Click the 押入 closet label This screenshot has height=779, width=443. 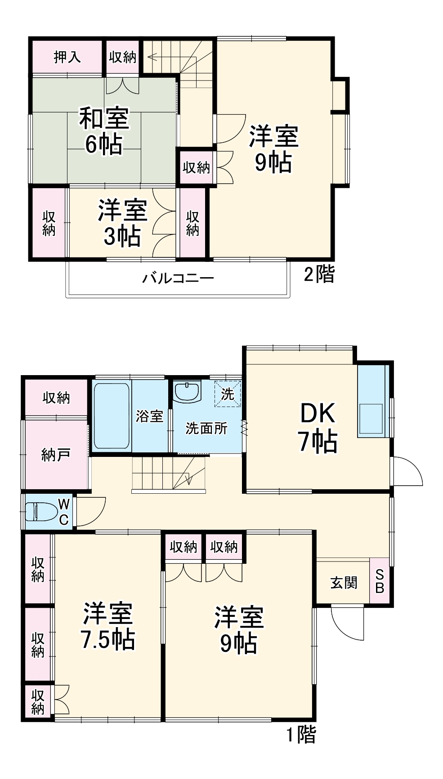[x=67, y=57]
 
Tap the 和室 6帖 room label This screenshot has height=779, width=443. [x=104, y=131]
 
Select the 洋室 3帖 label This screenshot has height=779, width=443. [x=122, y=223]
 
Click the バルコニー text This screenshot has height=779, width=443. [x=178, y=278]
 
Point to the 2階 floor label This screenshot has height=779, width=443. [x=319, y=274]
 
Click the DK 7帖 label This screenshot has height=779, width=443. [x=318, y=427]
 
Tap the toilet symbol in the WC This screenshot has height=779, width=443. [x=41, y=512]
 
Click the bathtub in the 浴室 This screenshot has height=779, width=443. [x=111, y=416]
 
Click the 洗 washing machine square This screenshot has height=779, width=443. [x=228, y=394]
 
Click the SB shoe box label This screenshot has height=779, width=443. [x=380, y=581]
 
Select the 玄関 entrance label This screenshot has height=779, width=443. [x=344, y=583]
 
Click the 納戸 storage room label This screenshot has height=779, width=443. [x=55, y=455]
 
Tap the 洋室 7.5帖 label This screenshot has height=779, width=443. [x=108, y=626]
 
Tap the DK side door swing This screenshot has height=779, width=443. [x=407, y=471]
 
